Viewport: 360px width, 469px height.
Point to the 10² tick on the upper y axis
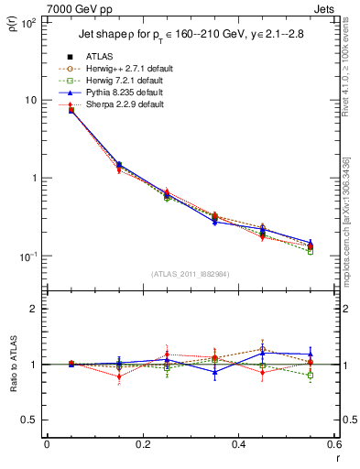(28, 21)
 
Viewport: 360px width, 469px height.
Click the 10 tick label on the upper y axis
(31, 100)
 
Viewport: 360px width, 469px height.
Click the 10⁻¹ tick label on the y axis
(27, 256)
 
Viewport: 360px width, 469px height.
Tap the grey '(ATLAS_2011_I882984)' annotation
(191, 274)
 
